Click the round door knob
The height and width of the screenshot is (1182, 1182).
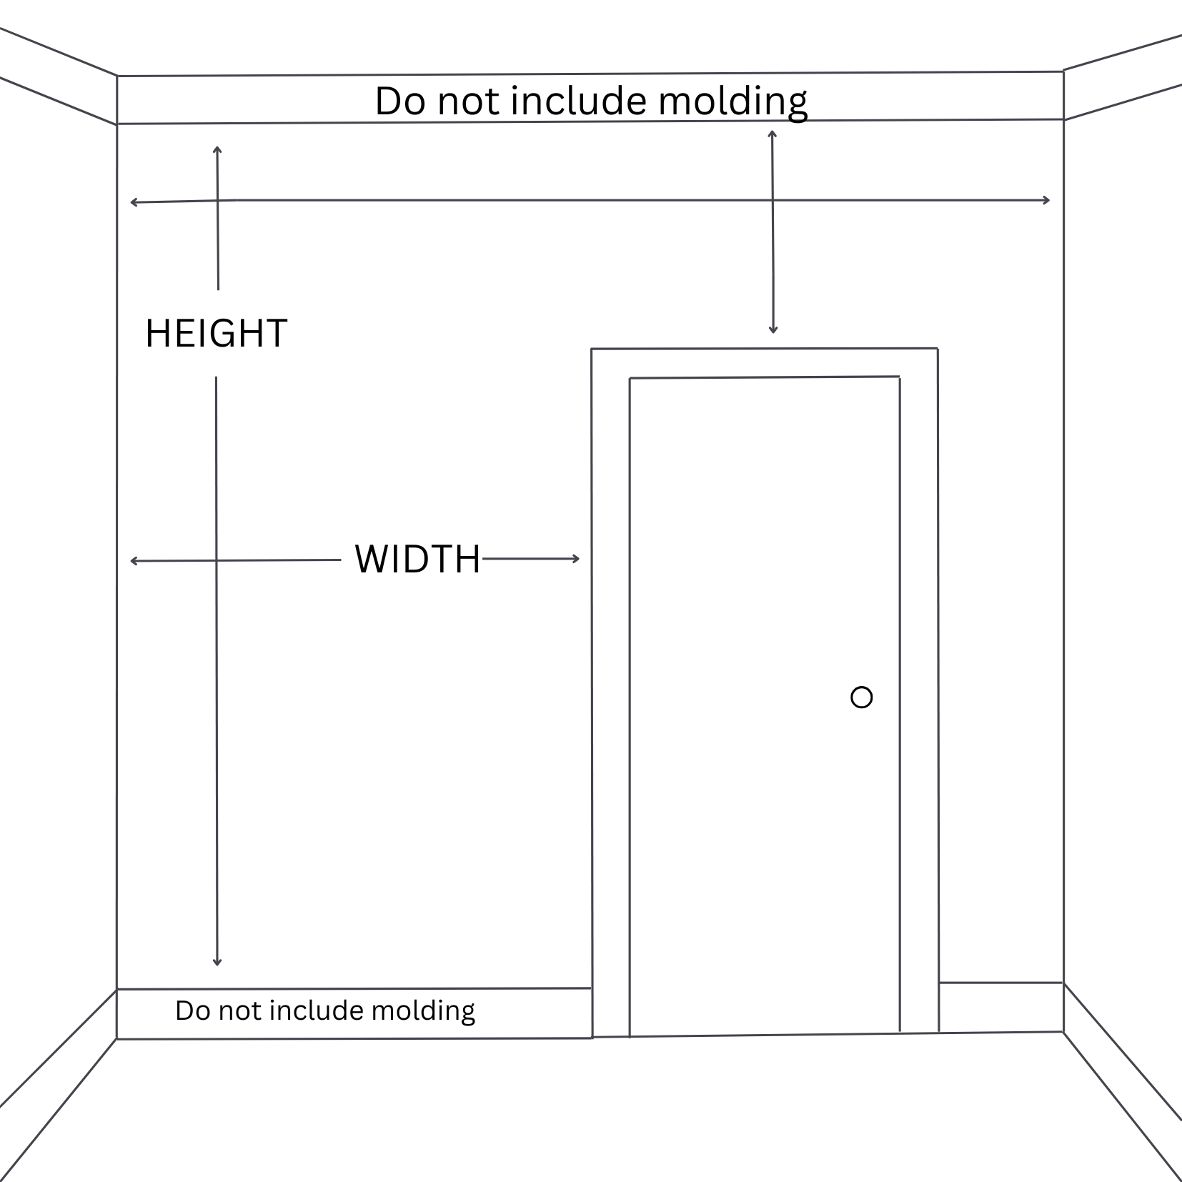pos(862,697)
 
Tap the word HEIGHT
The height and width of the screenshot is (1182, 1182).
pos(216,334)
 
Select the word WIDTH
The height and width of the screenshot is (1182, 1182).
pos(418,559)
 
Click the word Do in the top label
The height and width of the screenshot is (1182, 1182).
pos(400,101)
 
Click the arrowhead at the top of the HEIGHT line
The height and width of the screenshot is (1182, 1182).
pos(217,149)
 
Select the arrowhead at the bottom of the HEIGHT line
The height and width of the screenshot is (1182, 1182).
pos(217,963)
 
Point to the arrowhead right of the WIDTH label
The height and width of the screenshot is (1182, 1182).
pos(576,559)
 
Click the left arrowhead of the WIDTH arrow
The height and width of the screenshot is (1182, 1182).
pos(134,561)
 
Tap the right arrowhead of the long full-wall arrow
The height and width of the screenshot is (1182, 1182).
pos(1046,200)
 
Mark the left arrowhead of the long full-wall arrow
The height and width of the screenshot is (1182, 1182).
pos(134,203)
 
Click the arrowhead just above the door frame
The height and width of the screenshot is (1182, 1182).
pos(773,330)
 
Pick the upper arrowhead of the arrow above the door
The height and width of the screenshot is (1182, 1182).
pos(772,134)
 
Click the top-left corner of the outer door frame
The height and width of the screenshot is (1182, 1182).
pos(592,349)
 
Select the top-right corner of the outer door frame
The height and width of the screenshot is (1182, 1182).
pos(938,349)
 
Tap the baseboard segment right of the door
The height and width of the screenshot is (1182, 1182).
pos(1000,1007)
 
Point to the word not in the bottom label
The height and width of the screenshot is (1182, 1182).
pos(240,1010)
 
